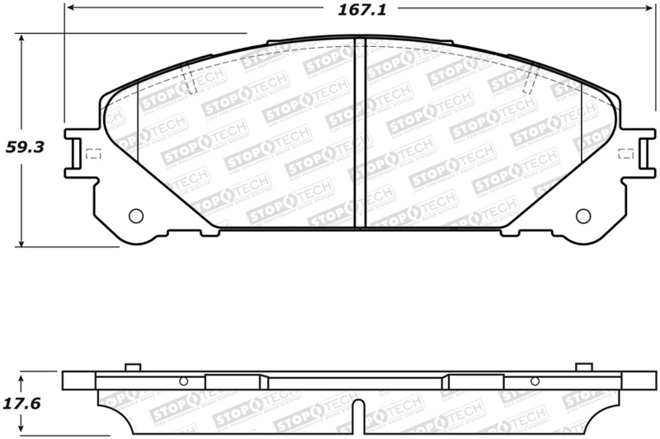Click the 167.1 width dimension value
(x=352, y=9)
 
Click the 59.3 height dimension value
(x=25, y=148)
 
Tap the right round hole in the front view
(x=582, y=216)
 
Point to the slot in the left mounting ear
(x=76, y=153)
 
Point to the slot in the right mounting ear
(x=642, y=153)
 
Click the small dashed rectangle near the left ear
(x=93, y=153)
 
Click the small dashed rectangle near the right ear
(x=625, y=153)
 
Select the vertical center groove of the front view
(x=360, y=132)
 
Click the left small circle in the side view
(x=184, y=381)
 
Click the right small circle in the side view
(x=535, y=381)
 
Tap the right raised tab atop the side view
(x=583, y=367)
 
